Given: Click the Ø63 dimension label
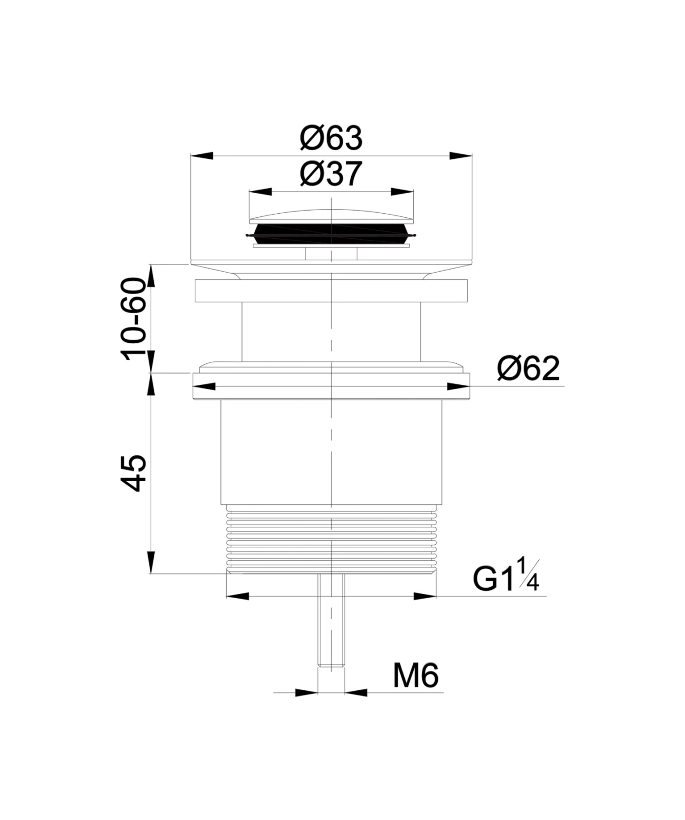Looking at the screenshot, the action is (x=331, y=138).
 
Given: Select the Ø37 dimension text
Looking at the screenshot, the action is (x=331, y=174).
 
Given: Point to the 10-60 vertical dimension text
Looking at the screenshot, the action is (x=134, y=318).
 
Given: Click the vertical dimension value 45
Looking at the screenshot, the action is (x=134, y=473).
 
